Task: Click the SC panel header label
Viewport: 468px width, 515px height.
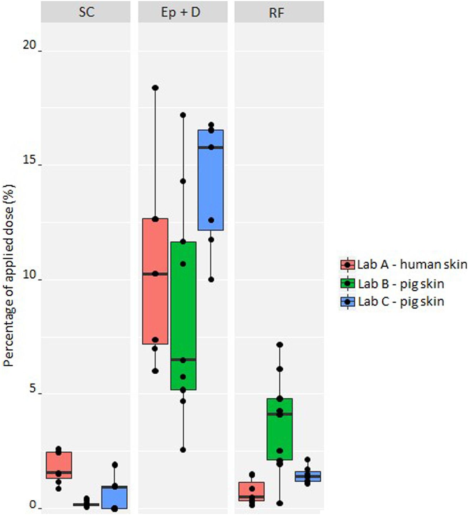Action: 86,13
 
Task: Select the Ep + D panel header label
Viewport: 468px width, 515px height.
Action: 180,13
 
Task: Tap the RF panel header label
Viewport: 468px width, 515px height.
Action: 276,13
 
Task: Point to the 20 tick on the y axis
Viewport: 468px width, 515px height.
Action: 30,45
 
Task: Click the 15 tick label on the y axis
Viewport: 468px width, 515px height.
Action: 30,160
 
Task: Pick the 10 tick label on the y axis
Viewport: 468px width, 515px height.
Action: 30,275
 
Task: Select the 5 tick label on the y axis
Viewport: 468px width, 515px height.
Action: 33,389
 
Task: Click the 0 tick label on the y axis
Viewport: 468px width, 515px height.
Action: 33,504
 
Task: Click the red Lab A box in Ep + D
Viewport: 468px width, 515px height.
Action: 155,309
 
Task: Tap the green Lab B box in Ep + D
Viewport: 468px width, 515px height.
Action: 183,316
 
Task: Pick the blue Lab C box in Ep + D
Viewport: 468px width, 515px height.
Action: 211,179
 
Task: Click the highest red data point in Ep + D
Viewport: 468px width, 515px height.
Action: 155,88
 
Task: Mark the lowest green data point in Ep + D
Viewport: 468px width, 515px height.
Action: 183,450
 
